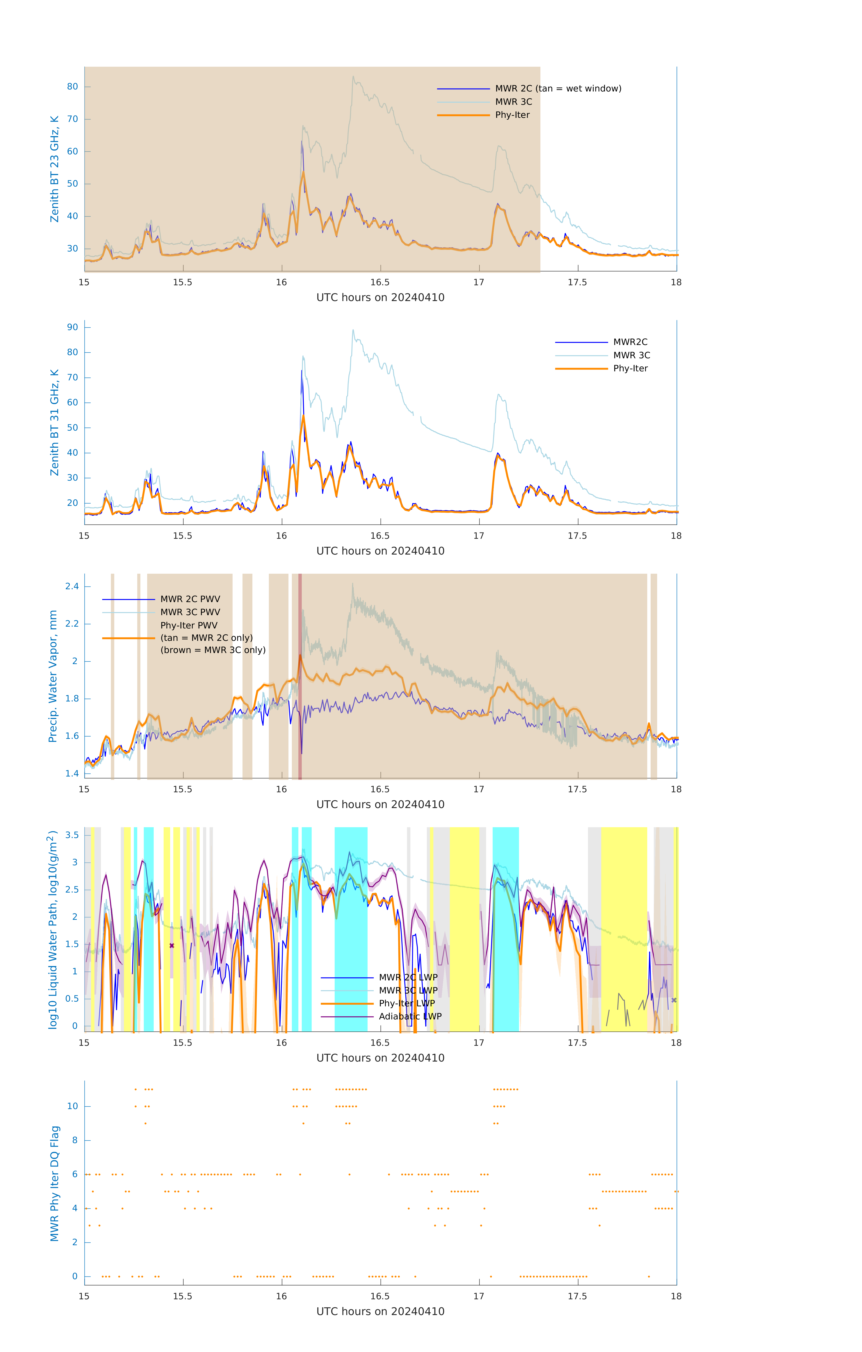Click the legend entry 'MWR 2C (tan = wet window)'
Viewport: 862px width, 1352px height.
pos(558,89)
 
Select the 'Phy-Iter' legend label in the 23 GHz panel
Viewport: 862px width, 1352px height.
pos(512,115)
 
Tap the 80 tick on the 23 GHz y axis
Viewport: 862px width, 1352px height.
pos(72,87)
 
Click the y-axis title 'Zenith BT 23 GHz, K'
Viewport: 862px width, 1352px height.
pos(55,169)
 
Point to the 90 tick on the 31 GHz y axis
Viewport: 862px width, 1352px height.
pos(72,327)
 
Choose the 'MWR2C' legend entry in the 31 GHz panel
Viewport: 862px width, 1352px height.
pos(630,342)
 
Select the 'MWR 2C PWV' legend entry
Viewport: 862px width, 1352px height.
pos(190,599)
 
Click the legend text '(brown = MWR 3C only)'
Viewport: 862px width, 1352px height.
pos(213,650)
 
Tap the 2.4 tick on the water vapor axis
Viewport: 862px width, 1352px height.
pos(72,587)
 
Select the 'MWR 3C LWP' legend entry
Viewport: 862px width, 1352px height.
pos(408,990)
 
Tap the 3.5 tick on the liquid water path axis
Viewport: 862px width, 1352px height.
pos(72,835)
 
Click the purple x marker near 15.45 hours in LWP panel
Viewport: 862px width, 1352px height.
pos(172,946)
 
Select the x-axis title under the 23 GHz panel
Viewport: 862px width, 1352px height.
pos(380,298)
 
